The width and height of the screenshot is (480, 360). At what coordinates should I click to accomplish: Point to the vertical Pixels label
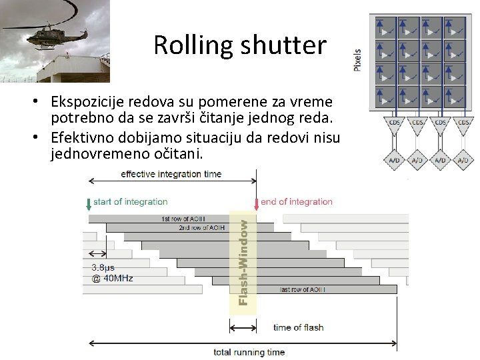point(357,59)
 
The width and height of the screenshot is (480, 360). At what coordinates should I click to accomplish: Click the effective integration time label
point(171,174)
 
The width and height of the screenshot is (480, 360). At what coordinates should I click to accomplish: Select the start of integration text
point(131,201)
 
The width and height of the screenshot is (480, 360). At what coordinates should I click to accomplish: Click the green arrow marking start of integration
point(89,204)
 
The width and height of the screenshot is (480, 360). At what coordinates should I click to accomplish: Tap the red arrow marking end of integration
point(256,204)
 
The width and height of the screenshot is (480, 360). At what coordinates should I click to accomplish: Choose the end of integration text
point(297,201)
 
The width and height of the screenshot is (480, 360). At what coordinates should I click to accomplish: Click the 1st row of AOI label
point(184,219)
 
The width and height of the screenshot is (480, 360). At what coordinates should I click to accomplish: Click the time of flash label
point(298,327)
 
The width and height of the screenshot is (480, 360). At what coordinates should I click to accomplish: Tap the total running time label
point(249,352)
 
